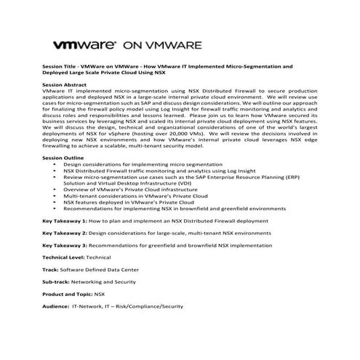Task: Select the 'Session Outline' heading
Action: tap(63, 159)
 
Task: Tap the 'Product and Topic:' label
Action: tap(68, 295)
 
